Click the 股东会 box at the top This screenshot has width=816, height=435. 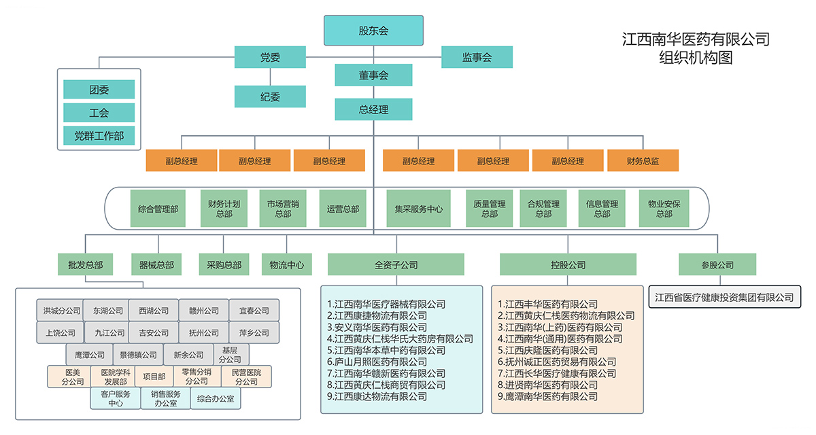(373, 31)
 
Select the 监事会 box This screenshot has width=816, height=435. (477, 58)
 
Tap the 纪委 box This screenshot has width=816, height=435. (270, 97)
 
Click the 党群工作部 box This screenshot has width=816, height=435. (99, 135)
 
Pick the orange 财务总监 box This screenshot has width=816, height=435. (643, 161)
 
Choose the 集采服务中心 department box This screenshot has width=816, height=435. (419, 209)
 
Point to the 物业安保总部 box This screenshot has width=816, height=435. (664, 209)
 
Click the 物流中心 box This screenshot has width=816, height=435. (286, 264)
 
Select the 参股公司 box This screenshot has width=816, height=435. (717, 264)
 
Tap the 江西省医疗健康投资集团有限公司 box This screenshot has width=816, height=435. (724, 297)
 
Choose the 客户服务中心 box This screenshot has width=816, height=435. (115, 398)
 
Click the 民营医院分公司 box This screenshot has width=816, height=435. (246, 377)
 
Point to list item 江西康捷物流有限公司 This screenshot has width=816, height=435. (377, 315)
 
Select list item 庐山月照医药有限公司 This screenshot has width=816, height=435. (377, 362)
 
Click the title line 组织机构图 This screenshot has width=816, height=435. (696, 58)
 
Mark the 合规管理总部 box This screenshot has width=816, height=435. (543, 209)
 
